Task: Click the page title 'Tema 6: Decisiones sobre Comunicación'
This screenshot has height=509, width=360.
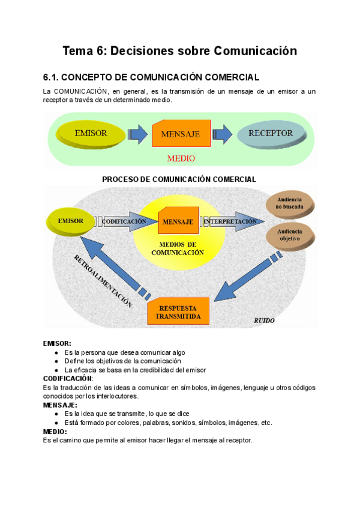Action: pyautogui.click(x=180, y=51)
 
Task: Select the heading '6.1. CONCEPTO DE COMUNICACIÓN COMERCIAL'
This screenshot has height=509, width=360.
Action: pyautogui.click(x=151, y=77)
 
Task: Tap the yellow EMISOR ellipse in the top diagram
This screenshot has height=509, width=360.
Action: pyautogui.click(x=91, y=133)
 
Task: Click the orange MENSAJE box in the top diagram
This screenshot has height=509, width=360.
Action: pyautogui.click(x=181, y=134)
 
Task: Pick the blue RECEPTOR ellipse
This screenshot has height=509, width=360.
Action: pyautogui.click(x=270, y=133)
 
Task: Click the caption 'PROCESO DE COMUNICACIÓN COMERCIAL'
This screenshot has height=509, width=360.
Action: pyautogui.click(x=179, y=179)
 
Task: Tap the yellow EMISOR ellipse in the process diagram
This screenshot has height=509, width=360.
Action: pyautogui.click(x=71, y=221)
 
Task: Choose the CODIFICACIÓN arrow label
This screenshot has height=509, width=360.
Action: pyautogui.click(x=124, y=221)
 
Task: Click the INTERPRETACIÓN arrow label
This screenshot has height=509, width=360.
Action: pyautogui.click(x=230, y=221)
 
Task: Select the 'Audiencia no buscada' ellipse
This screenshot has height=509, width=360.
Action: pyautogui.click(x=290, y=203)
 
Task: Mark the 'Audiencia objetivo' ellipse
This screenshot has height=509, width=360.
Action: pyautogui.click(x=290, y=235)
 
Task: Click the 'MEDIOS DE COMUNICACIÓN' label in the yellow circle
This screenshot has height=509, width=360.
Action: pyautogui.click(x=178, y=249)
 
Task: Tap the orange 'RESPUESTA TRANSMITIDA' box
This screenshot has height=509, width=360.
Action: pyautogui.click(x=178, y=312)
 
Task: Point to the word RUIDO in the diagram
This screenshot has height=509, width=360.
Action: pyautogui.click(x=264, y=321)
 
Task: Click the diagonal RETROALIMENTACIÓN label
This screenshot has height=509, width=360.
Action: pyautogui.click(x=103, y=281)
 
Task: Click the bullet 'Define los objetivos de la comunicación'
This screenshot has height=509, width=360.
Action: pyautogui.click(x=122, y=361)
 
